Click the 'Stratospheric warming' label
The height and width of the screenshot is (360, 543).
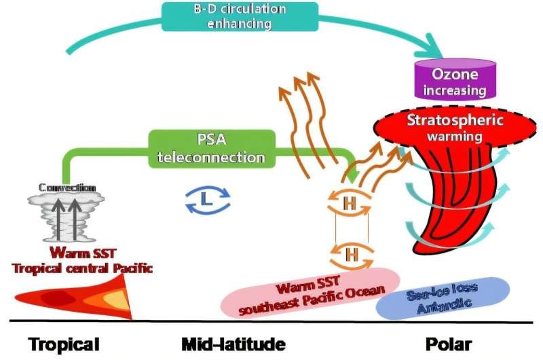(x=445, y=127)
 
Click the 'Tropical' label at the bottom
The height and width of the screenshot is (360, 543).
(x=64, y=344)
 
